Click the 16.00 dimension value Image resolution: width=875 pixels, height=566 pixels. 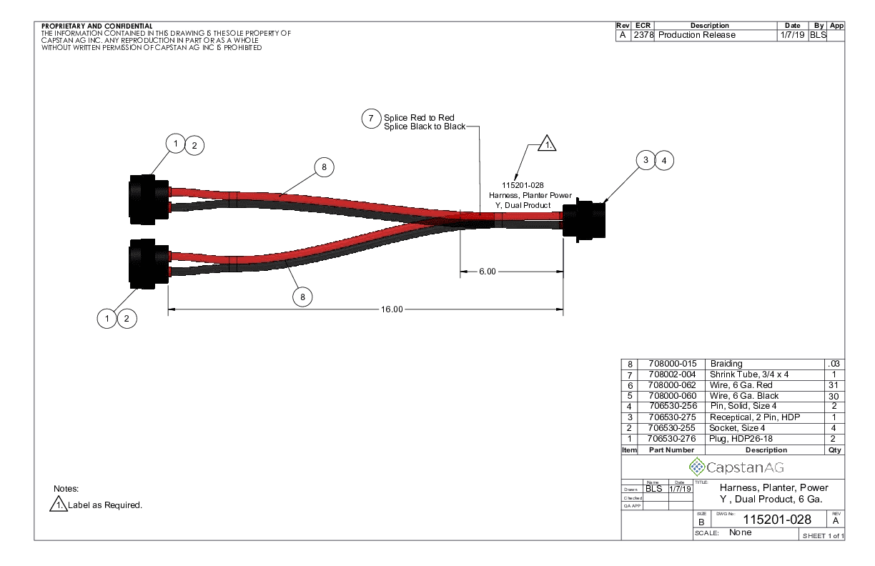click(x=392, y=309)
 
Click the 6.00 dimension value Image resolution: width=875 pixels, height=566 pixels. click(x=486, y=272)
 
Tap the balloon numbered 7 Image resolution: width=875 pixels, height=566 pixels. click(x=370, y=119)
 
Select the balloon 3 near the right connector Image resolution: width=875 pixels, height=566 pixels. click(x=646, y=161)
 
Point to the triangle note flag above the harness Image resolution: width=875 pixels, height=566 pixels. click(x=546, y=144)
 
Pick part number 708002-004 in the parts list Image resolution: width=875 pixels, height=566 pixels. click(x=671, y=374)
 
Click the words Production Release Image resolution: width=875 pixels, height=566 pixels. click(x=697, y=35)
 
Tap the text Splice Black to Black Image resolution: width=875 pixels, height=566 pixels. click(x=425, y=126)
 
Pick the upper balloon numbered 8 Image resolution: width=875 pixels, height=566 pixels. click(x=324, y=167)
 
